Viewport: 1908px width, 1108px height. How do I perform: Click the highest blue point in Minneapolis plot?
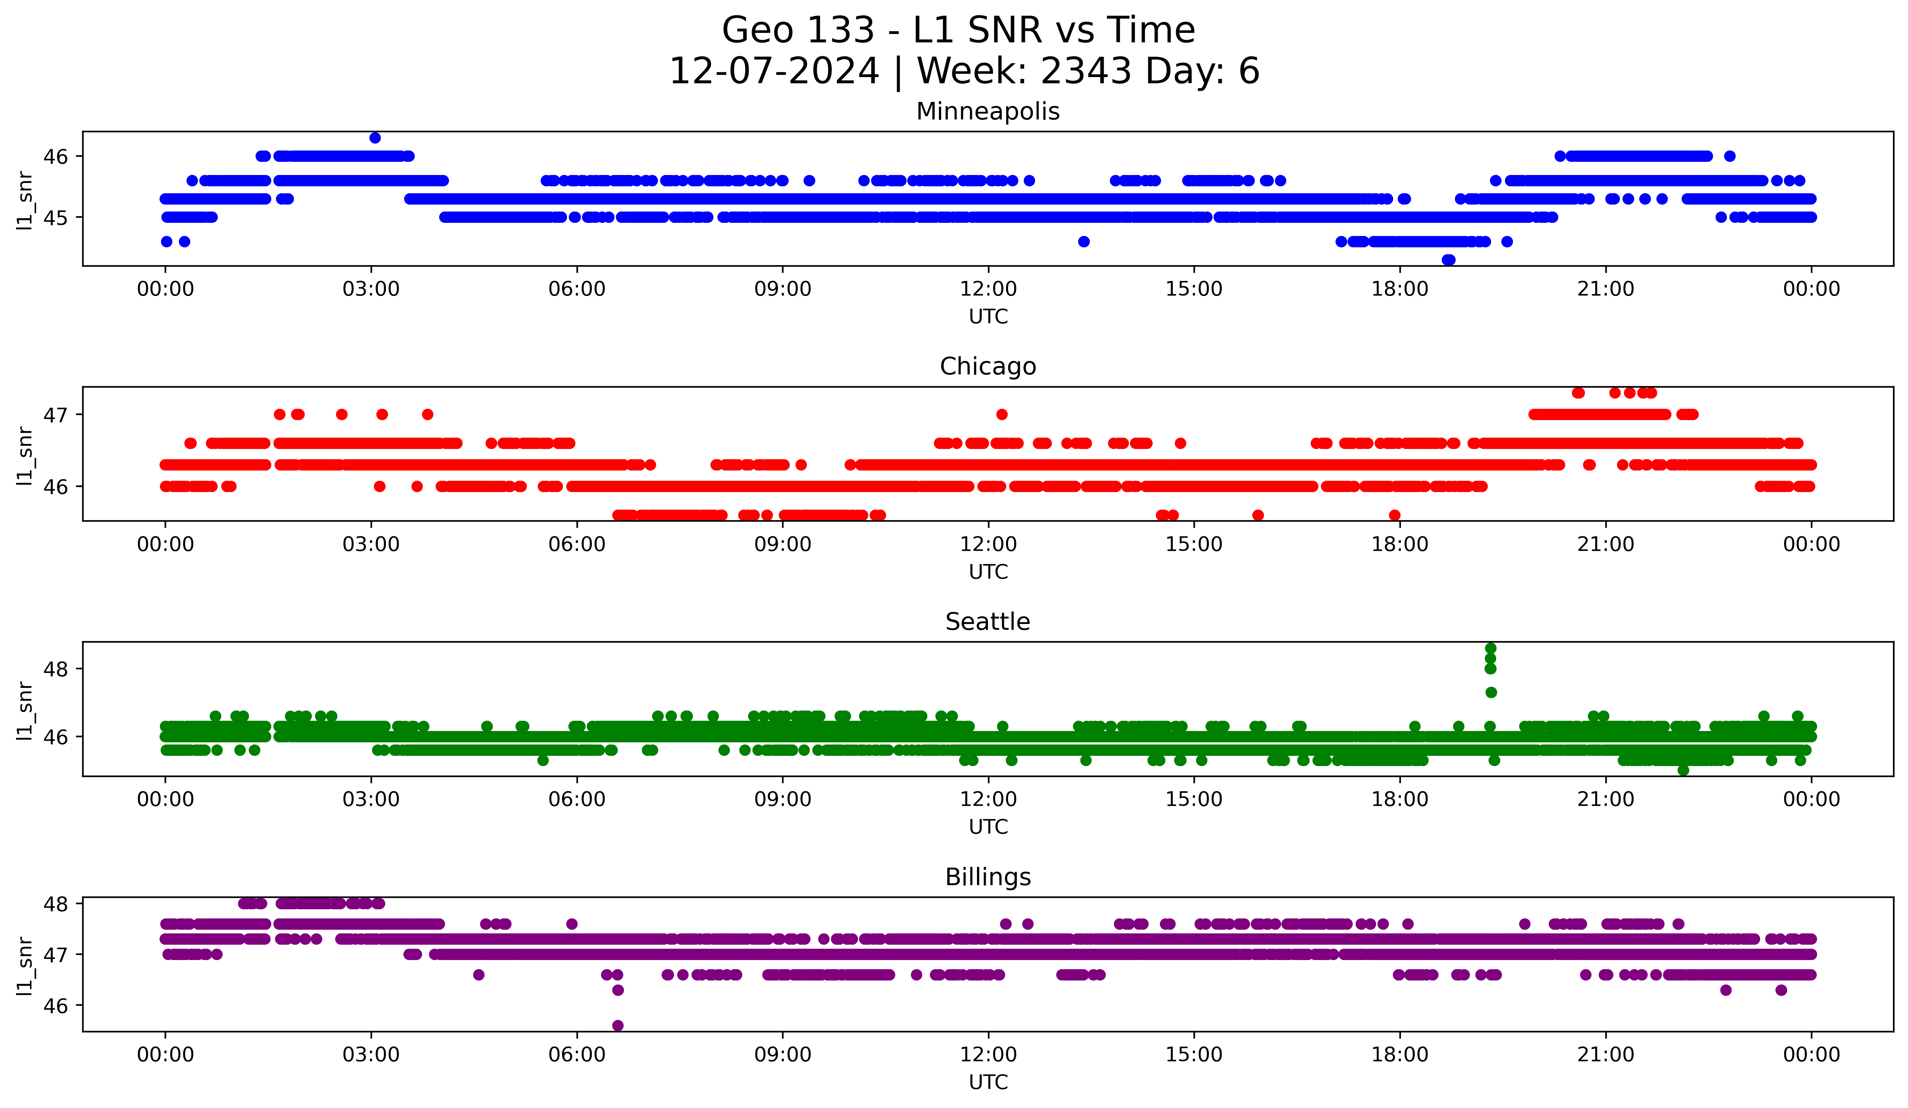pos(375,138)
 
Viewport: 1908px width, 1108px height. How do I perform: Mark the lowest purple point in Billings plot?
pos(618,1025)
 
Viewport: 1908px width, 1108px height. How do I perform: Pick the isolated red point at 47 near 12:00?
pos(1002,414)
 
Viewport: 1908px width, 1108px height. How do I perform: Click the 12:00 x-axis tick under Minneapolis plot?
pos(988,289)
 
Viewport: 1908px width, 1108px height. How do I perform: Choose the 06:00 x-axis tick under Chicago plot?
pos(577,545)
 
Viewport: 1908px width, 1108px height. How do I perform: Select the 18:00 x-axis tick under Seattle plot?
pos(1400,800)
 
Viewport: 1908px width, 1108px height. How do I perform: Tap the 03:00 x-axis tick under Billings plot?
pos(371,1055)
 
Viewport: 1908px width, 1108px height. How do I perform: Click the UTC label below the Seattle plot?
pos(988,827)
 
